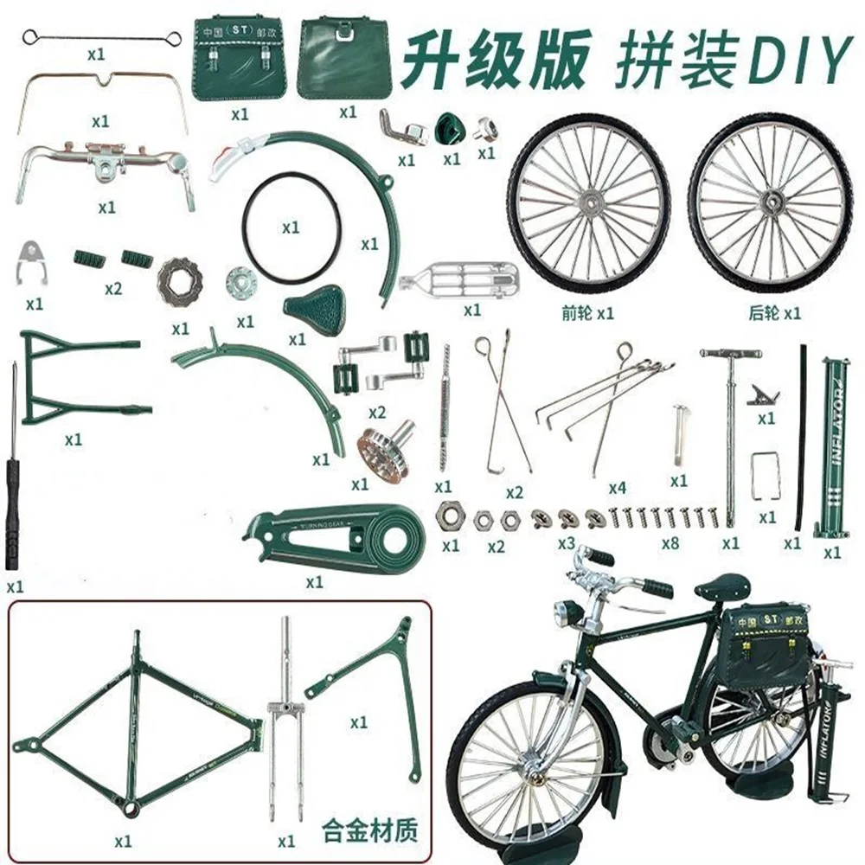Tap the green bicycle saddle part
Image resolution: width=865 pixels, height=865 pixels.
pos(315,308)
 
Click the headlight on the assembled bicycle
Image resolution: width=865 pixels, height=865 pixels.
pos(567,613)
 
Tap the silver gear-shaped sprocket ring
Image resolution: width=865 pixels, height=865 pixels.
pos(179,281)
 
